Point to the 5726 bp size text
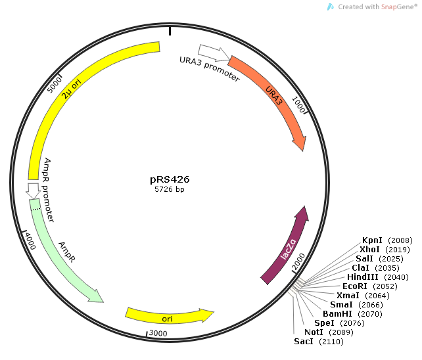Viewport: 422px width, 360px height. [x=169, y=189]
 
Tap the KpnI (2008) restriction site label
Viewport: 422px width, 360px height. [x=387, y=240]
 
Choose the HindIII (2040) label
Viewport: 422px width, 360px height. [x=373, y=277]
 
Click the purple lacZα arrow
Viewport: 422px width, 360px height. [x=288, y=246]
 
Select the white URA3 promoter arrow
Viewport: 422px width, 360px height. [x=213, y=51]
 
